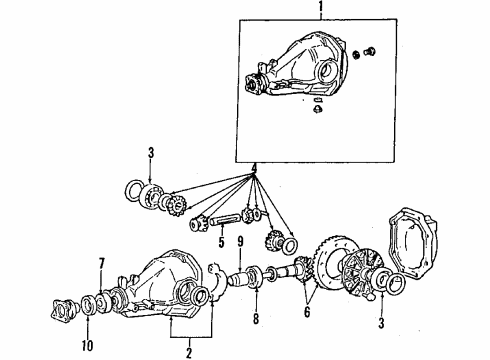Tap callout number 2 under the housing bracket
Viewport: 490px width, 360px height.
(188, 351)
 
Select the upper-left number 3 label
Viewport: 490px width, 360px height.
(150, 153)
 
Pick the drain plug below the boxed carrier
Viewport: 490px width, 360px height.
(316, 110)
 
